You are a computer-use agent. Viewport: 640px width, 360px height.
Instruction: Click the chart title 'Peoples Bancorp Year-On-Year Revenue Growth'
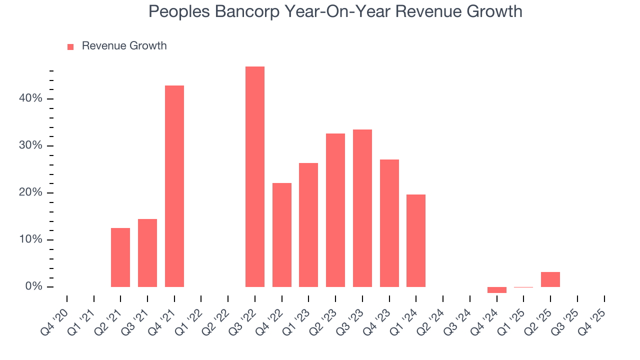[x=335, y=11]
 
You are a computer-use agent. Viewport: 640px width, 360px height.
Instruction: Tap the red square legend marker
[x=70, y=46]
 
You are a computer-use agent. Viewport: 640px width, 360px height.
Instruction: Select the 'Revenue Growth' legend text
[x=124, y=46]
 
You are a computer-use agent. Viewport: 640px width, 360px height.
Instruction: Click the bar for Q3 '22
[x=254, y=176]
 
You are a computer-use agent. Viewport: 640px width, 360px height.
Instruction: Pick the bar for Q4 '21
[x=174, y=186]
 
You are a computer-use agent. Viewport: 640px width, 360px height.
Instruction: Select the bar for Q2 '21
[x=120, y=257]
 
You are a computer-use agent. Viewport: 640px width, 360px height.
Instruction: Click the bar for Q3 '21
[x=147, y=253]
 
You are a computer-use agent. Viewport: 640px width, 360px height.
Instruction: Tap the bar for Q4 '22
[x=281, y=235]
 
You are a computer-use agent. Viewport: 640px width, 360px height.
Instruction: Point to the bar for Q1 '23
[x=308, y=225]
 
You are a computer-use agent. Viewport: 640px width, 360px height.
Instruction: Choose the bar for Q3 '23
[x=362, y=208]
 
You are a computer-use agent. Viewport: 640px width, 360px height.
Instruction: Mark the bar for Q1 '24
[x=416, y=240]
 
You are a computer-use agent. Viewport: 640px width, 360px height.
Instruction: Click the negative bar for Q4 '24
[x=496, y=290]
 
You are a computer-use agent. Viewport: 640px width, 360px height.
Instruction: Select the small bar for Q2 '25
[x=550, y=279]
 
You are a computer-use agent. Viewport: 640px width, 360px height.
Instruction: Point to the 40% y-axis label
[x=30, y=98]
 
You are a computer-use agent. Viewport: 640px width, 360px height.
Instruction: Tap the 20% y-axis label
[x=30, y=193]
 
